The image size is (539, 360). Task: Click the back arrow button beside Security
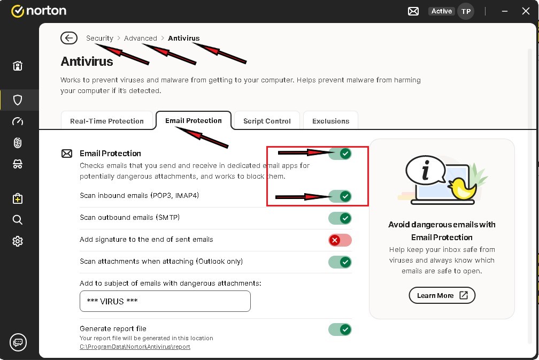69,38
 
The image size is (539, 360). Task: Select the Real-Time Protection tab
107,121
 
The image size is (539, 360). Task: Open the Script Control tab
267,121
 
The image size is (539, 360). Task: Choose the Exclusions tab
330,121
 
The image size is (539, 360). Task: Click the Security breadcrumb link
99,38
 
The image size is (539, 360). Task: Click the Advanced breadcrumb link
140,38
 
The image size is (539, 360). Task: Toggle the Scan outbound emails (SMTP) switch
340,218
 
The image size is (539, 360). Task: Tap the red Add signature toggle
340,240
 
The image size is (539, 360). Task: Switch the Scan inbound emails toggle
340,196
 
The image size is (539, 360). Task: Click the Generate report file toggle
340,330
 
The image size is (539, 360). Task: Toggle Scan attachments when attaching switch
340,262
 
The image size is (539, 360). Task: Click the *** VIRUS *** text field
165,301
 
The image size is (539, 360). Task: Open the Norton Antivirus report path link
135,347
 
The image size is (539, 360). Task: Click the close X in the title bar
526,11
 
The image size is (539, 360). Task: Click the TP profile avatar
466,11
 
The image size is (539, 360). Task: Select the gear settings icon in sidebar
18,241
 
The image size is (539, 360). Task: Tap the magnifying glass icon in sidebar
18,220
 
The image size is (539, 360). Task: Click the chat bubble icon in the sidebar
18,342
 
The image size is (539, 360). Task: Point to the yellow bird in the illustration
463,188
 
